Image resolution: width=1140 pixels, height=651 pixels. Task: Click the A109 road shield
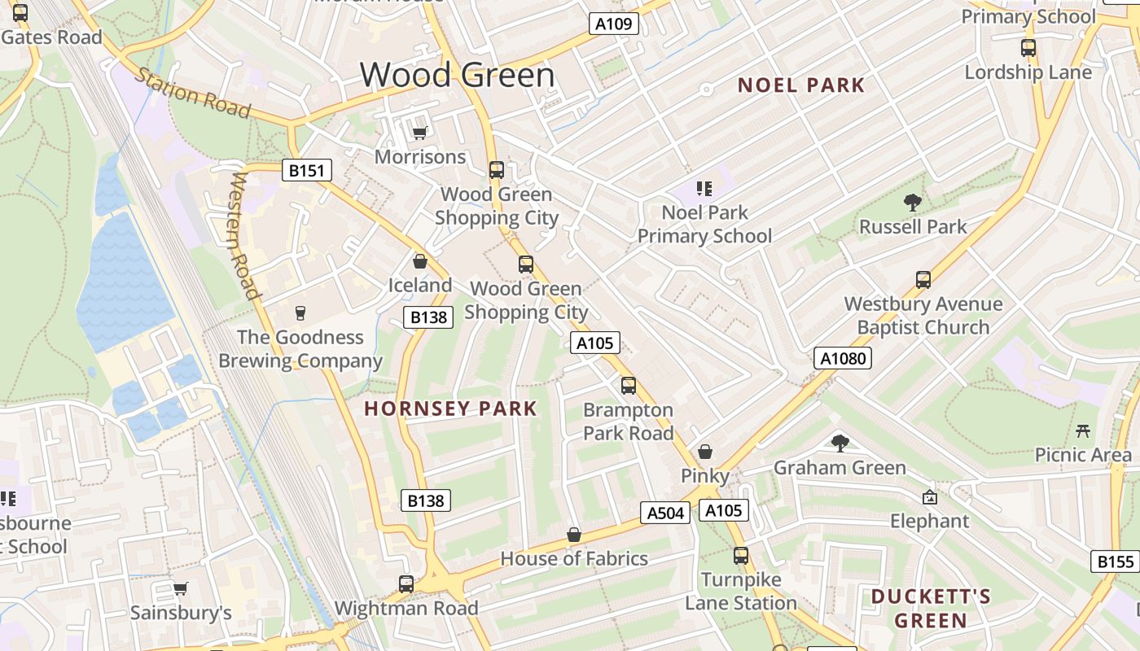613,24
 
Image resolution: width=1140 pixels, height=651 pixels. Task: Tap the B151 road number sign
307,170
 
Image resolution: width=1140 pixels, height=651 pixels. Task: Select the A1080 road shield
842,358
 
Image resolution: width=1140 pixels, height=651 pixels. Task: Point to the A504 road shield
664,512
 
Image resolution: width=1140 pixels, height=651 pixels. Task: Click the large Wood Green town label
457,75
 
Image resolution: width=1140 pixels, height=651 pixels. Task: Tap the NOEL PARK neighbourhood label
800,85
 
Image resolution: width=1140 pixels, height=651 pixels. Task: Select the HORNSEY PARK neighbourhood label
450,409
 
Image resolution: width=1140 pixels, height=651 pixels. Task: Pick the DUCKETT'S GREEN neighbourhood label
931,609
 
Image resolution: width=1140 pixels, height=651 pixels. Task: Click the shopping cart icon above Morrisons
419,133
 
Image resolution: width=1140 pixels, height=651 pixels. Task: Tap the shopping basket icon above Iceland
420,261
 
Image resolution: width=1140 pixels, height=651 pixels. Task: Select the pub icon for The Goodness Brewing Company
300,313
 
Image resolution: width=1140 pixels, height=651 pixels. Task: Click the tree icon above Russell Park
913,203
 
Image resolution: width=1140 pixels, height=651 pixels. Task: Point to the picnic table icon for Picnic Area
1083,430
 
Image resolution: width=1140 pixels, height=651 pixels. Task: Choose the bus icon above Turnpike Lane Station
740,556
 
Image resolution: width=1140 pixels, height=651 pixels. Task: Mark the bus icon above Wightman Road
406,583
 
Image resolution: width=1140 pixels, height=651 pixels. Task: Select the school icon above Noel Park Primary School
704,189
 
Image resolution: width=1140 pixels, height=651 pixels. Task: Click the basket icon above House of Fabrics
573,535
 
